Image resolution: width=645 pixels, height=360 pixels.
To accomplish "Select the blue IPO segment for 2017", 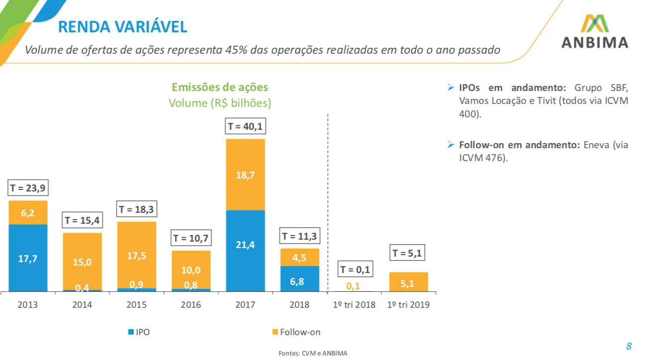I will (x=245, y=251).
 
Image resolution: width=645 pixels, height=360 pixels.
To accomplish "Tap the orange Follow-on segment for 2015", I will (x=137, y=255).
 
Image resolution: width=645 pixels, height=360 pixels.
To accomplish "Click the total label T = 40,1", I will (x=245, y=126).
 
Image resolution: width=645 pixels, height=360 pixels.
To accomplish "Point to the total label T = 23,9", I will (x=28, y=188).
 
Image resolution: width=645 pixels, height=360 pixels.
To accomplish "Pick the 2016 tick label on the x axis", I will (x=191, y=305).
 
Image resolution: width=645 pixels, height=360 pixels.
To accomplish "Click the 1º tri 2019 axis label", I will (x=408, y=305).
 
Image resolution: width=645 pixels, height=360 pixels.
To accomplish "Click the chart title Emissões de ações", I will (x=220, y=87).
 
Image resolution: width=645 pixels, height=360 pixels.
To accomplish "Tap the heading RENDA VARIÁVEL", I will (x=123, y=26).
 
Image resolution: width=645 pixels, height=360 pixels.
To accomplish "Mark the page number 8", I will (x=629, y=346).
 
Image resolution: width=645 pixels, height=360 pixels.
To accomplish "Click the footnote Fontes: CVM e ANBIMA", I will (x=313, y=353).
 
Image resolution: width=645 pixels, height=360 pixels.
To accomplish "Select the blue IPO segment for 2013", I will (x=28, y=258).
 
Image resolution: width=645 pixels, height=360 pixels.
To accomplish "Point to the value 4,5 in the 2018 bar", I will (x=300, y=258).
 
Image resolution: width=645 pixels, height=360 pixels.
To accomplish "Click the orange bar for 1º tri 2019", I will (x=408, y=282).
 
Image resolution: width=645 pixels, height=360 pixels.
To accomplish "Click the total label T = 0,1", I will (x=354, y=270).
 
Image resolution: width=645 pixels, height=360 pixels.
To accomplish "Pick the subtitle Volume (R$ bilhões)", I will (x=220, y=103).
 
